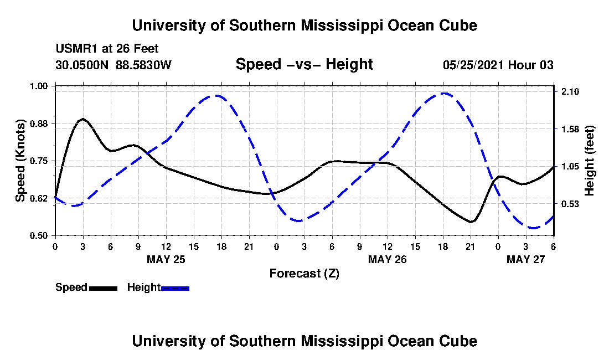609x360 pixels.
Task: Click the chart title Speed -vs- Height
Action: (304, 64)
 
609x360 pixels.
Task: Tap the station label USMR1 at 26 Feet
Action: (107, 49)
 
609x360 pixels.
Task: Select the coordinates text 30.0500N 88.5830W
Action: (113, 65)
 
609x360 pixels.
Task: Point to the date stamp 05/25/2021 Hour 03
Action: (498, 65)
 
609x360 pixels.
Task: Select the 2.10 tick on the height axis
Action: (570, 91)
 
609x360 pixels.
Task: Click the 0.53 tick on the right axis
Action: (570, 204)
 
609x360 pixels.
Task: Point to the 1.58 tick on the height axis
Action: (570, 129)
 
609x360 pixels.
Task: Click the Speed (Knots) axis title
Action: (20, 161)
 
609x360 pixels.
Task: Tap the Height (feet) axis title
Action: (589, 161)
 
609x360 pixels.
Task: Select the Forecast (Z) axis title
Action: (304, 273)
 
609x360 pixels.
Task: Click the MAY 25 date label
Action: (166, 259)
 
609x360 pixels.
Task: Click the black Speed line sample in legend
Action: (103, 288)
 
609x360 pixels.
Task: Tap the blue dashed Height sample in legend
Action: (175, 288)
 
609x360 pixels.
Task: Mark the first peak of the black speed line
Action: (83, 119)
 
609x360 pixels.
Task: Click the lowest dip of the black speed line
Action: (471, 222)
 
